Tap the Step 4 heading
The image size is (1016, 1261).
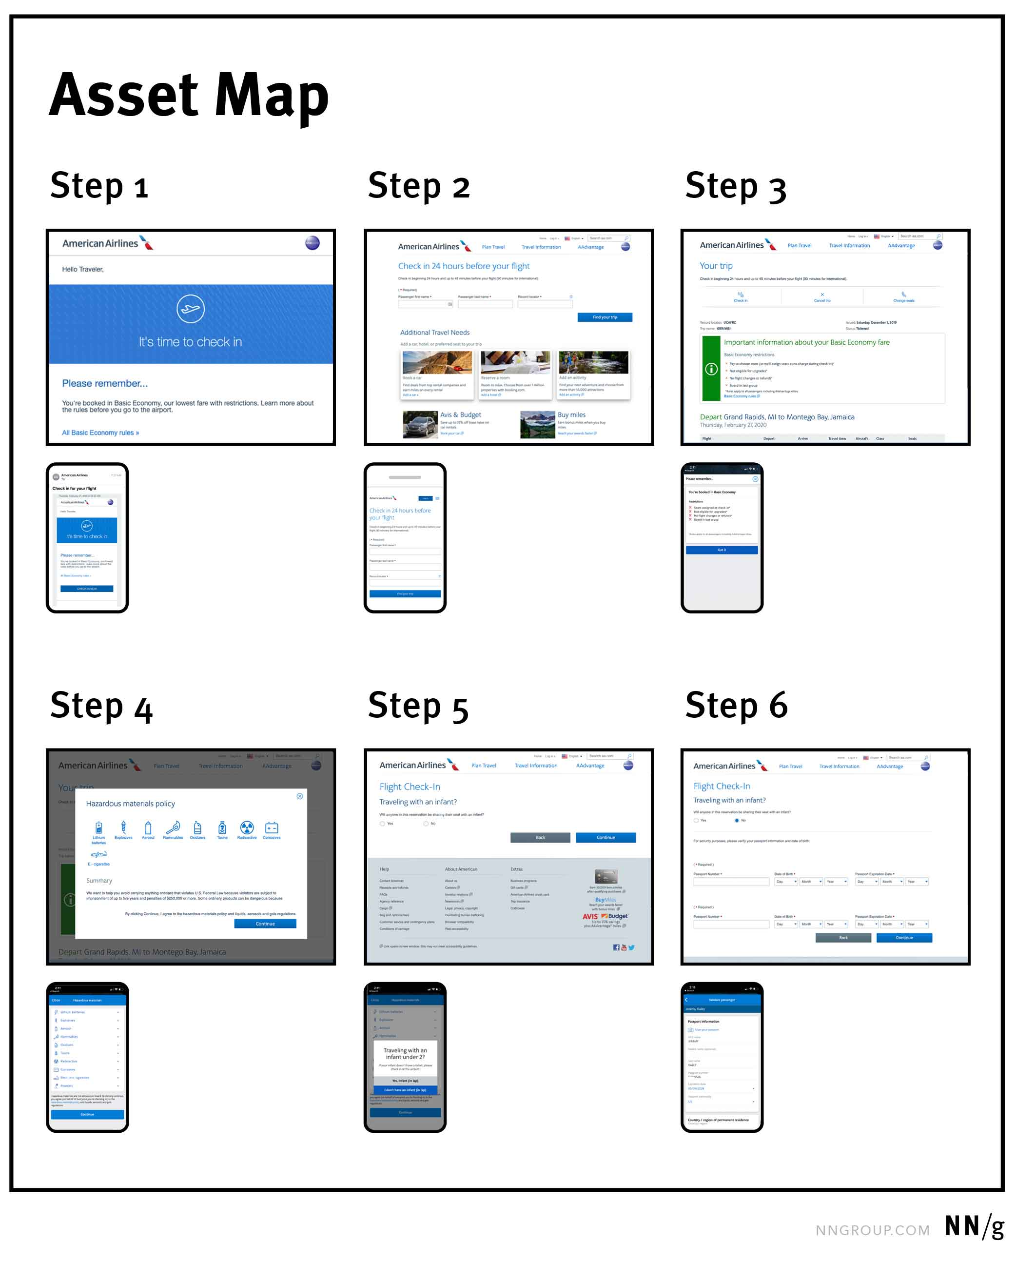[x=101, y=706]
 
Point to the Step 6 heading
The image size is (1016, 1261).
[x=736, y=705]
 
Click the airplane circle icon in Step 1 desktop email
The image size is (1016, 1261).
[x=190, y=309]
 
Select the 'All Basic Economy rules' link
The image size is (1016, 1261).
[x=100, y=433]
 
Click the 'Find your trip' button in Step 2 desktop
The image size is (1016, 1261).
[x=605, y=317]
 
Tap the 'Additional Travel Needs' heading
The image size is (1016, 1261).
[x=434, y=333]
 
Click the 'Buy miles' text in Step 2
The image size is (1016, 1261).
[x=571, y=414]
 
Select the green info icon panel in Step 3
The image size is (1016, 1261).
[x=711, y=369]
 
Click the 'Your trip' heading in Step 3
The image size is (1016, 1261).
[x=716, y=266]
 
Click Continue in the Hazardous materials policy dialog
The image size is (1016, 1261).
[x=265, y=924]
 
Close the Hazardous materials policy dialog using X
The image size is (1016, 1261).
[x=300, y=796]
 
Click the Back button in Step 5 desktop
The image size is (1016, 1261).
[x=540, y=838]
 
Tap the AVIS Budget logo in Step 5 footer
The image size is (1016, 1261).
[x=605, y=916]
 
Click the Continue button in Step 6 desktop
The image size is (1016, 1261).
[x=904, y=938]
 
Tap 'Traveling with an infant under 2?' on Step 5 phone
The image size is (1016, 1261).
[x=405, y=1054]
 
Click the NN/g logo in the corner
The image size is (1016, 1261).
[x=974, y=1226]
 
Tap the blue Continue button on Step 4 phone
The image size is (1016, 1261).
[x=87, y=1115]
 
